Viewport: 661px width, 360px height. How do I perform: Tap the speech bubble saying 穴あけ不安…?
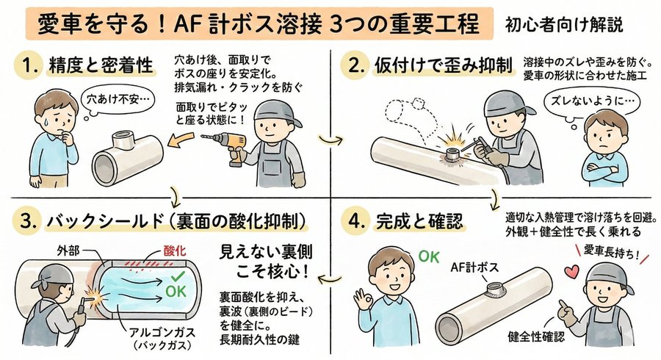[x=109, y=97]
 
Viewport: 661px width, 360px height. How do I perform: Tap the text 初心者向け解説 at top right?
[x=565, y=25]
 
